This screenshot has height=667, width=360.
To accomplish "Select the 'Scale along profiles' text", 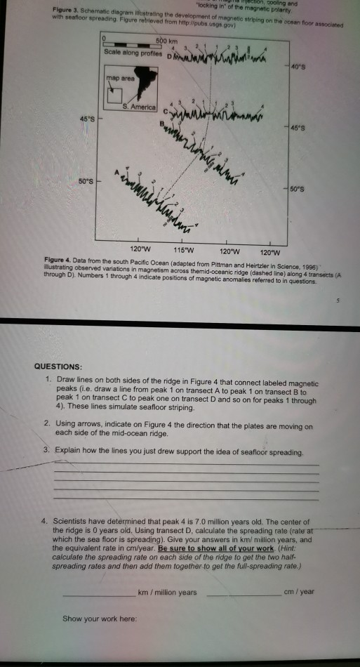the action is [x=128, y=53].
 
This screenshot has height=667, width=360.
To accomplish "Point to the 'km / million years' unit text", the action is [x=169, y=593].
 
